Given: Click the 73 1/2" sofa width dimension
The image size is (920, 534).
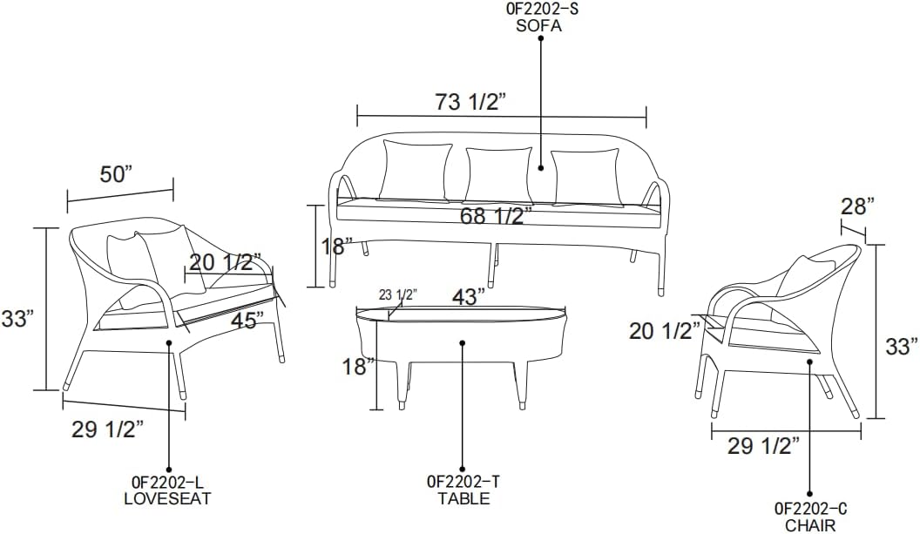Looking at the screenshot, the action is coord(470,102).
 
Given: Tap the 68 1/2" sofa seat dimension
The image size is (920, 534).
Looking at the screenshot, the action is coord(496,216).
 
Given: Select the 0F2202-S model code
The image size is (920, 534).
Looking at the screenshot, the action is coord(539,10).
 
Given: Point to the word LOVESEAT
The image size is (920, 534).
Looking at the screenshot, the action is coord(168,499).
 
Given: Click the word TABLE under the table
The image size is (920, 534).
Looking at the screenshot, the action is coord(463,499).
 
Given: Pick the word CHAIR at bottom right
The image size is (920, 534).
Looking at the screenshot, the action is coord(810,525).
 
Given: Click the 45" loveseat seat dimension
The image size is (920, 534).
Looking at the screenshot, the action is coord(247,321).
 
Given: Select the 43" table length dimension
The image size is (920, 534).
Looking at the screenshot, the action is coord(469,296).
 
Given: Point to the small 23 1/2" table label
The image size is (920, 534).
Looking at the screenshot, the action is coord(397,294).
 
